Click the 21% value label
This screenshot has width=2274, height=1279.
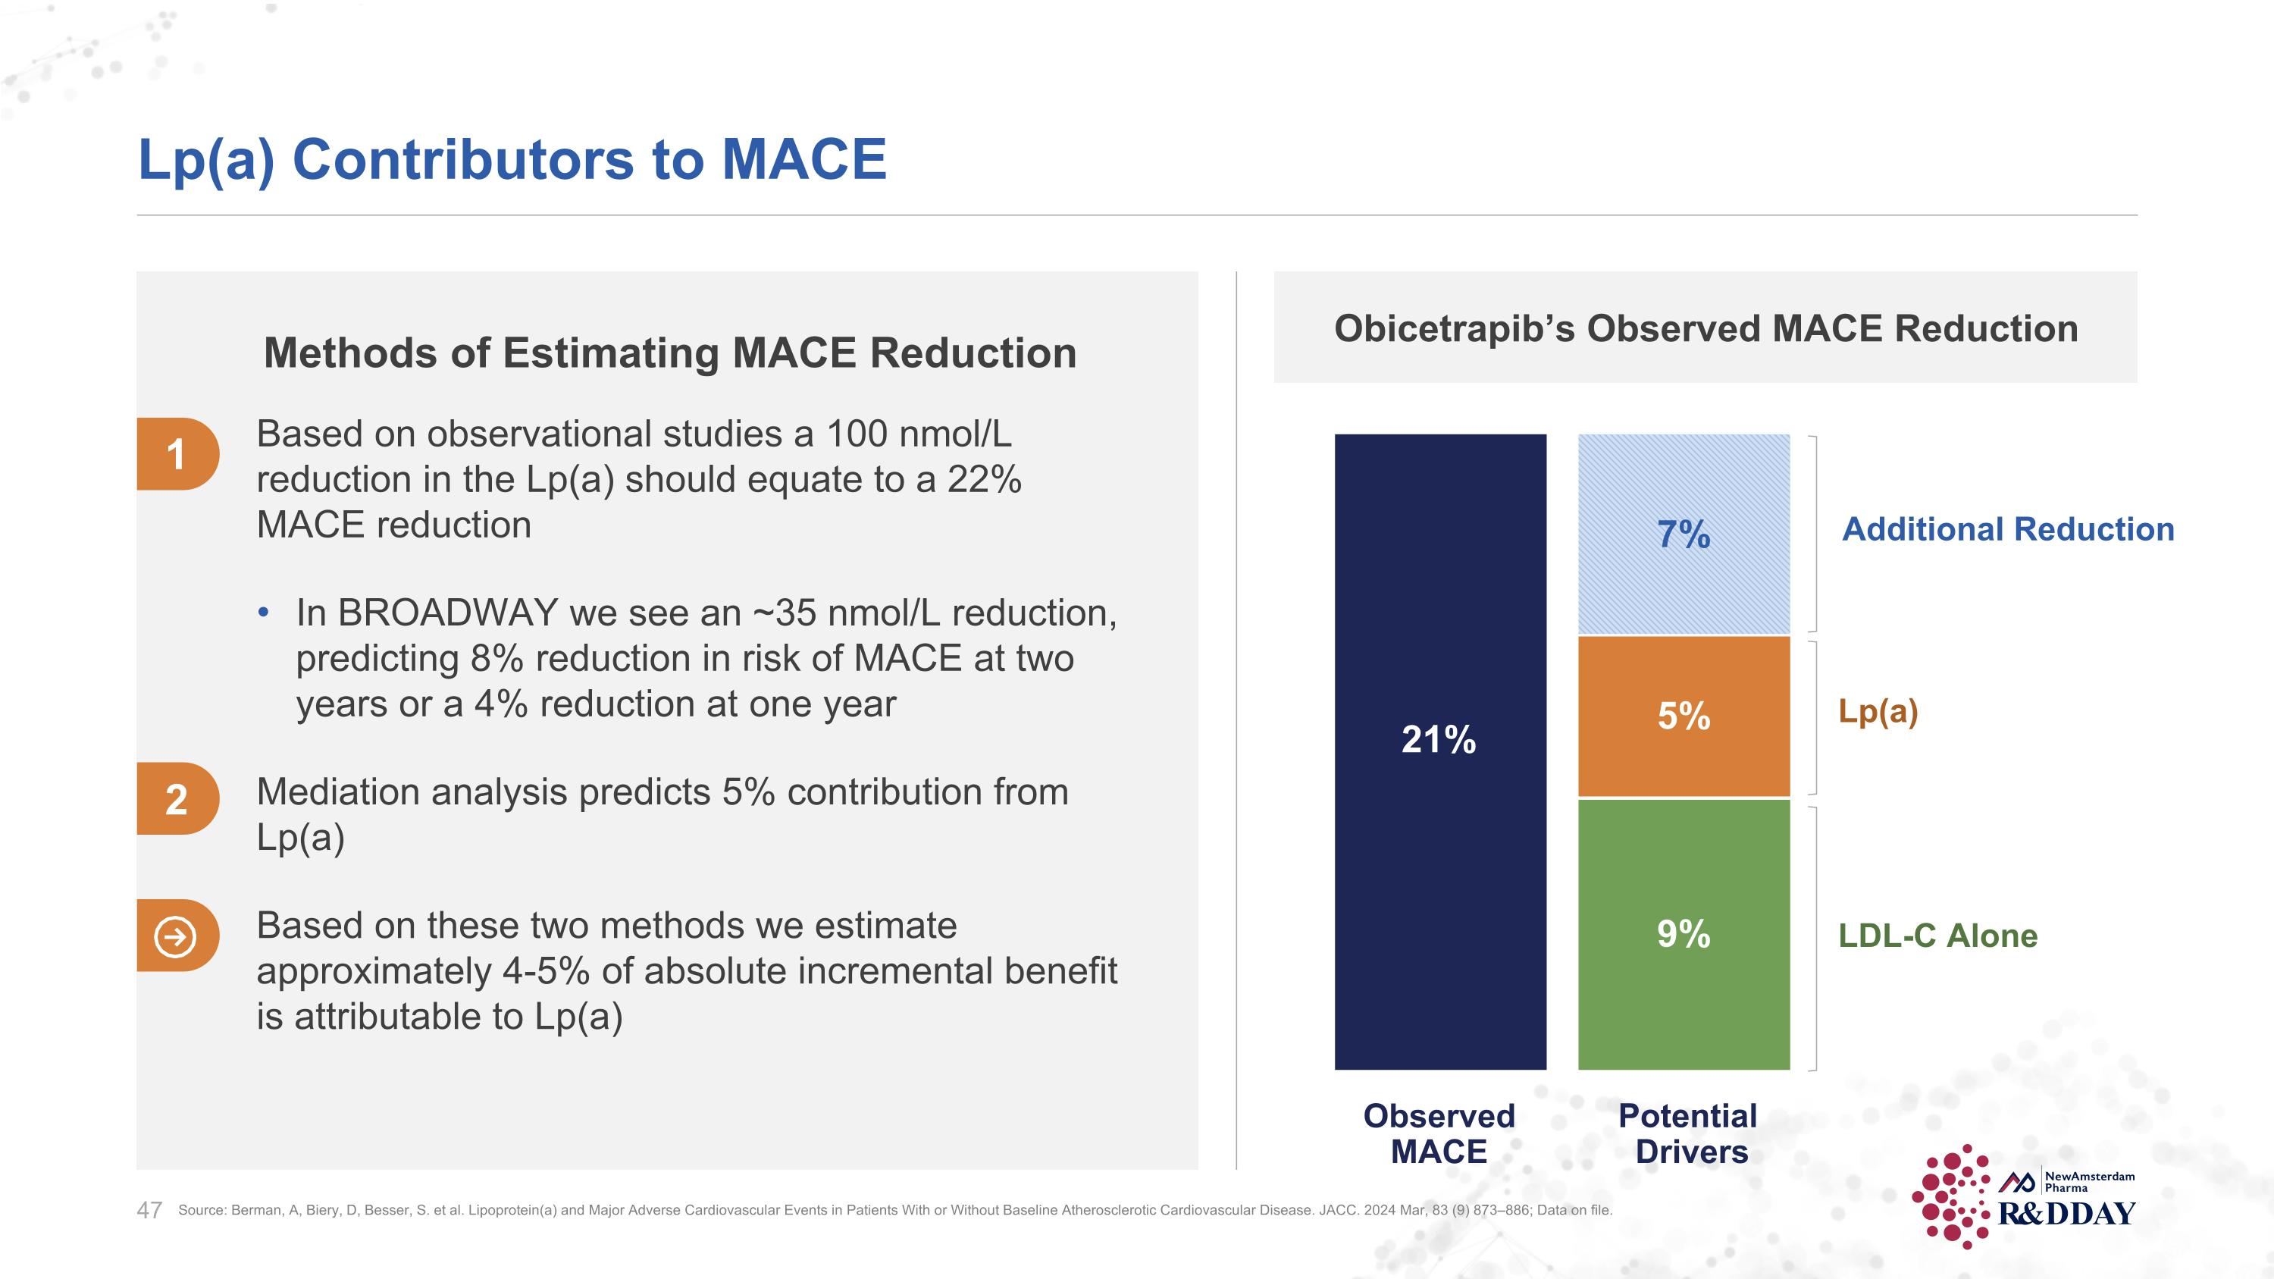click(x=1439, y=740)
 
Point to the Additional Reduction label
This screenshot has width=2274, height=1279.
click(x=2008, y=530)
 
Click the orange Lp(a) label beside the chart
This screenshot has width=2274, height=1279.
click(x=1878, y=711)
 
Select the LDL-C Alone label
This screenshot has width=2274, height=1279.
click(x=1937, y=936)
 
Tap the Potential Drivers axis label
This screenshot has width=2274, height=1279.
click(x=1688, y=1134)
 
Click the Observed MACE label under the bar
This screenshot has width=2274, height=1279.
click(x=1439, y=1134)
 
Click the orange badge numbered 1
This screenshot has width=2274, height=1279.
click(x=177, y=453)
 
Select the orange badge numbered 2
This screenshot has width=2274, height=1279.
click(x=177, y=799)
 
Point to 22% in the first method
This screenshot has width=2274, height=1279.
click(x=985, y=479)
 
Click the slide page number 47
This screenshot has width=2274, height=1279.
click(x=149, y=1210)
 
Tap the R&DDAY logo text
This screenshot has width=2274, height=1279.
click(x=2066, y=1214)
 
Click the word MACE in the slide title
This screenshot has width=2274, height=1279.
click(x=803, y=160)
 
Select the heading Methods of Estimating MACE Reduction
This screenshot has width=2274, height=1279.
click(x=669, y=353)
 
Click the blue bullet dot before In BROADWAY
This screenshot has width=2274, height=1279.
click(x=263, y=613)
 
